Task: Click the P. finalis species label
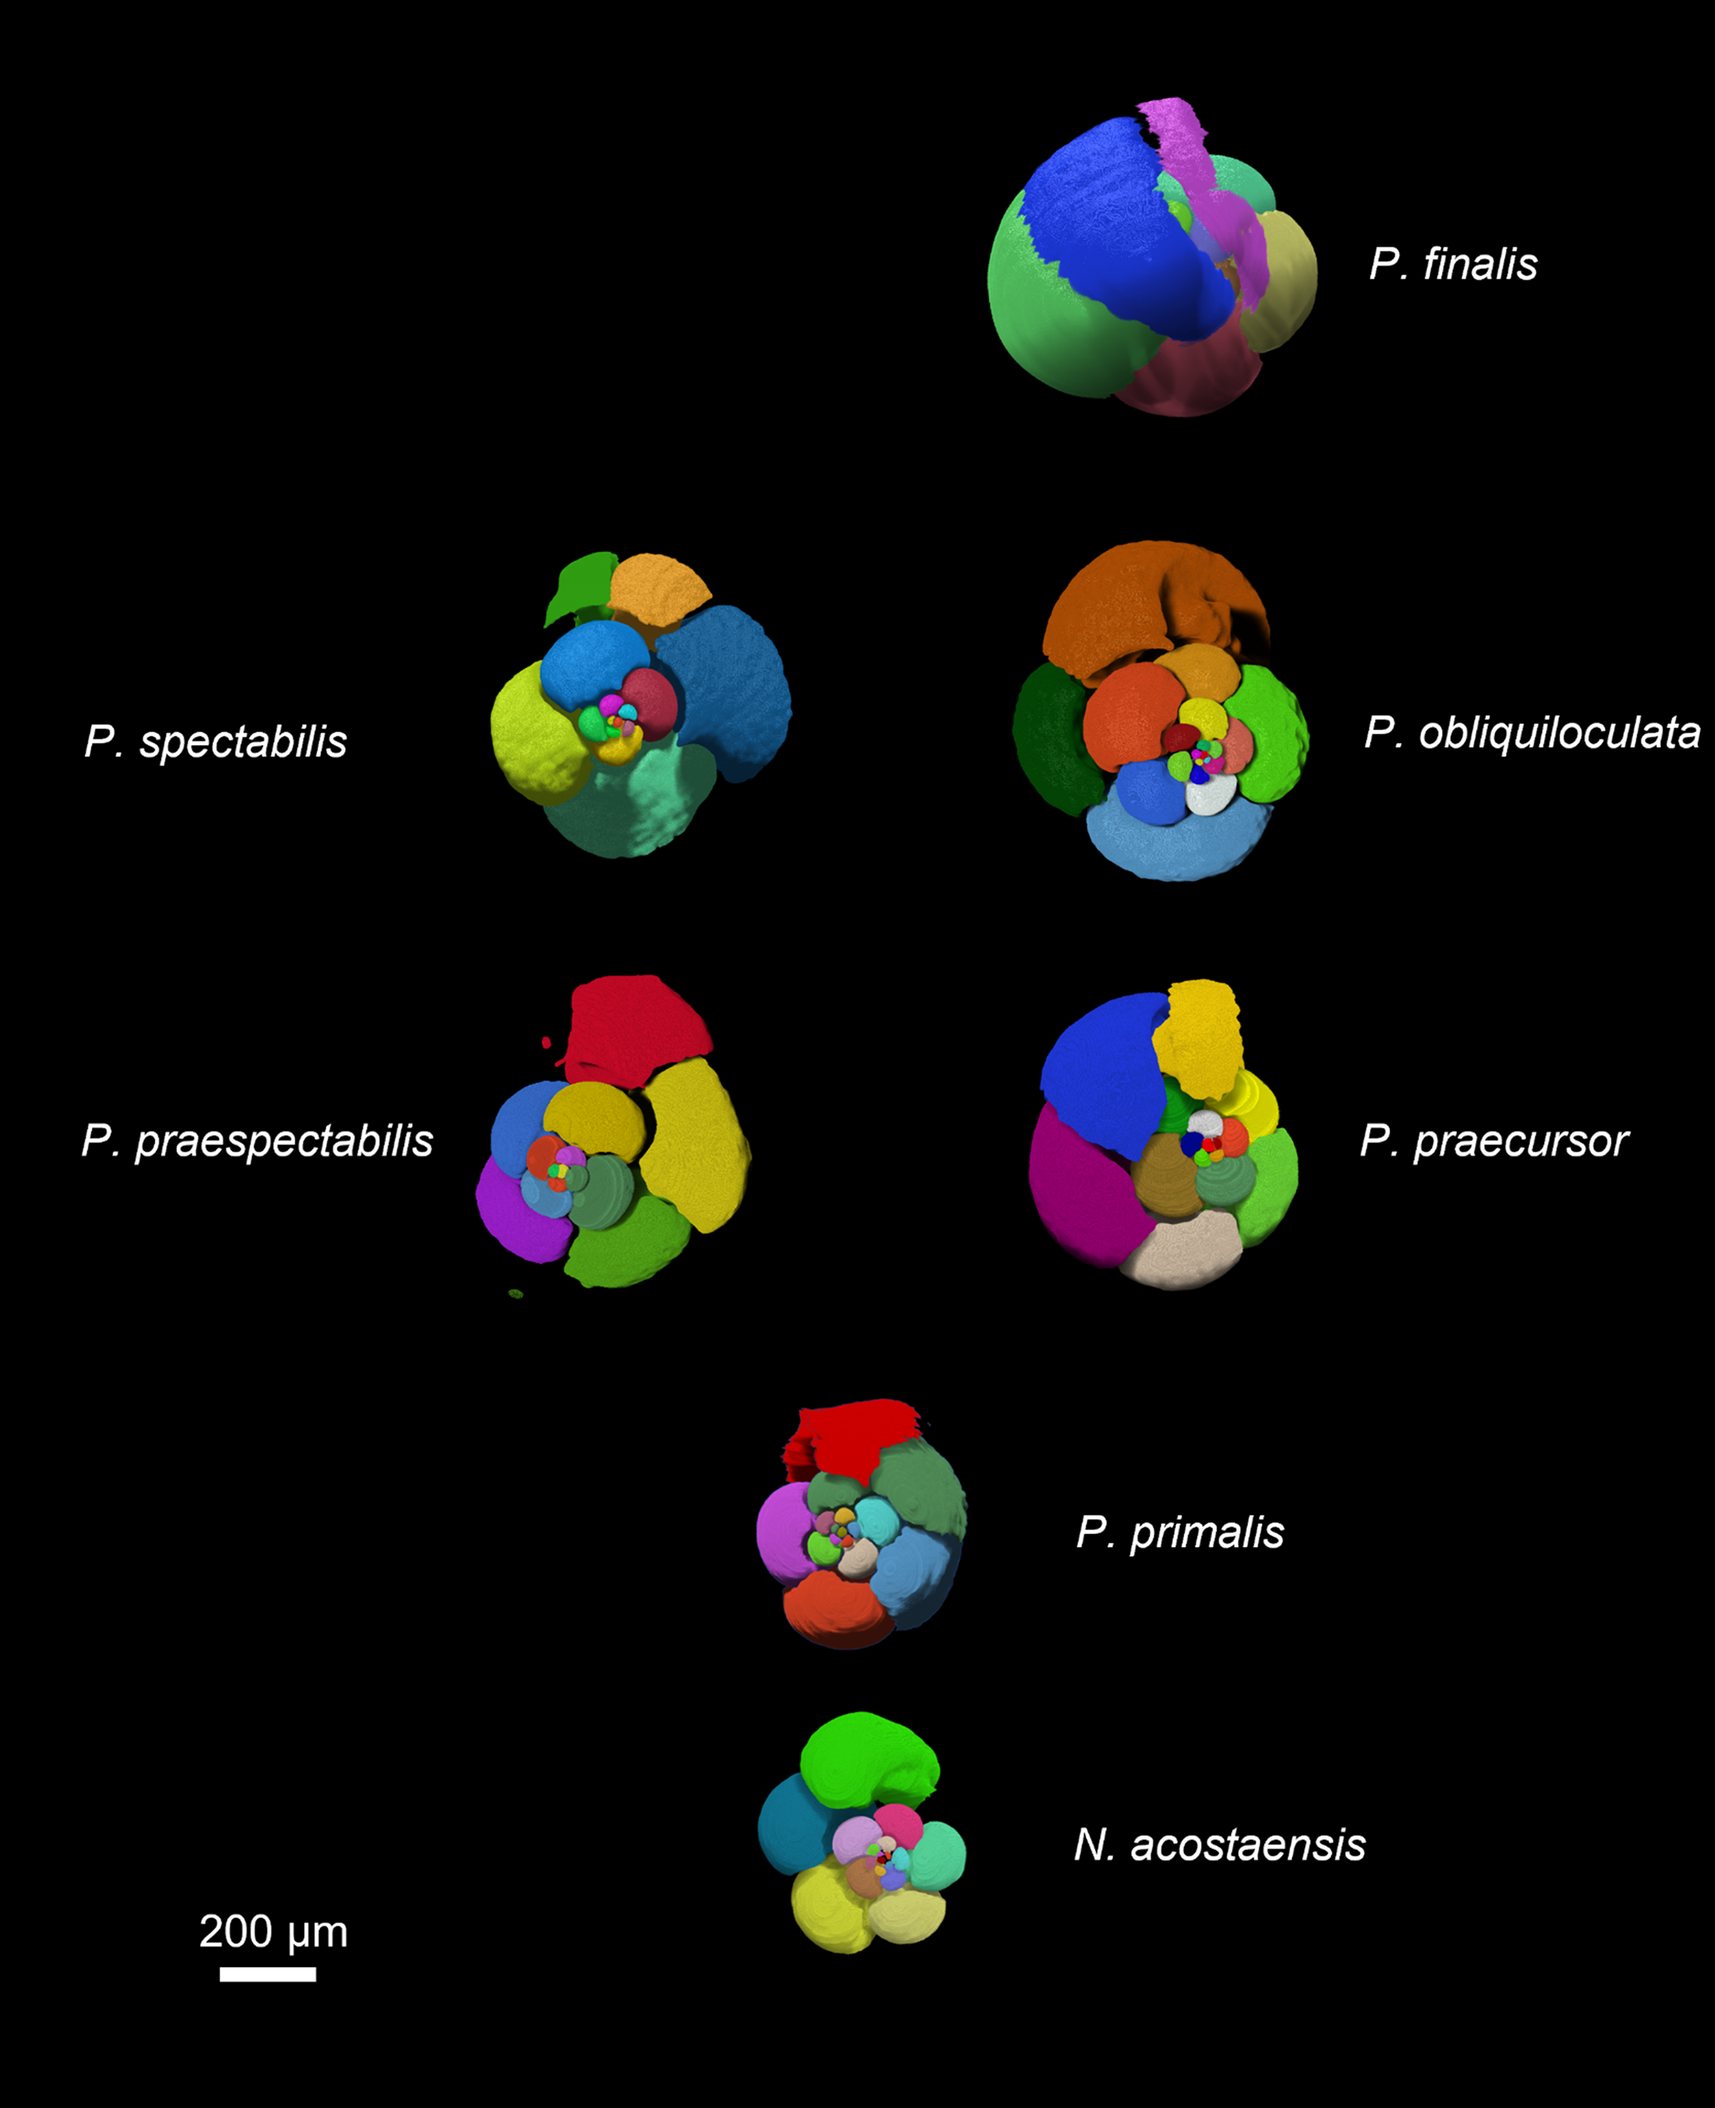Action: [x=1452, y=265]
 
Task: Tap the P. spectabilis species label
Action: [x=216, y=742]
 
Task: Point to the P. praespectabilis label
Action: [x=257, y=1141]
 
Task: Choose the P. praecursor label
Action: [x=1493, y=1141]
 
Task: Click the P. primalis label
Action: [x=1180, y=1532]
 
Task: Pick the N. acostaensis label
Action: [x=1219, y=1844]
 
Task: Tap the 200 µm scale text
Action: [x=274, y=1931]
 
